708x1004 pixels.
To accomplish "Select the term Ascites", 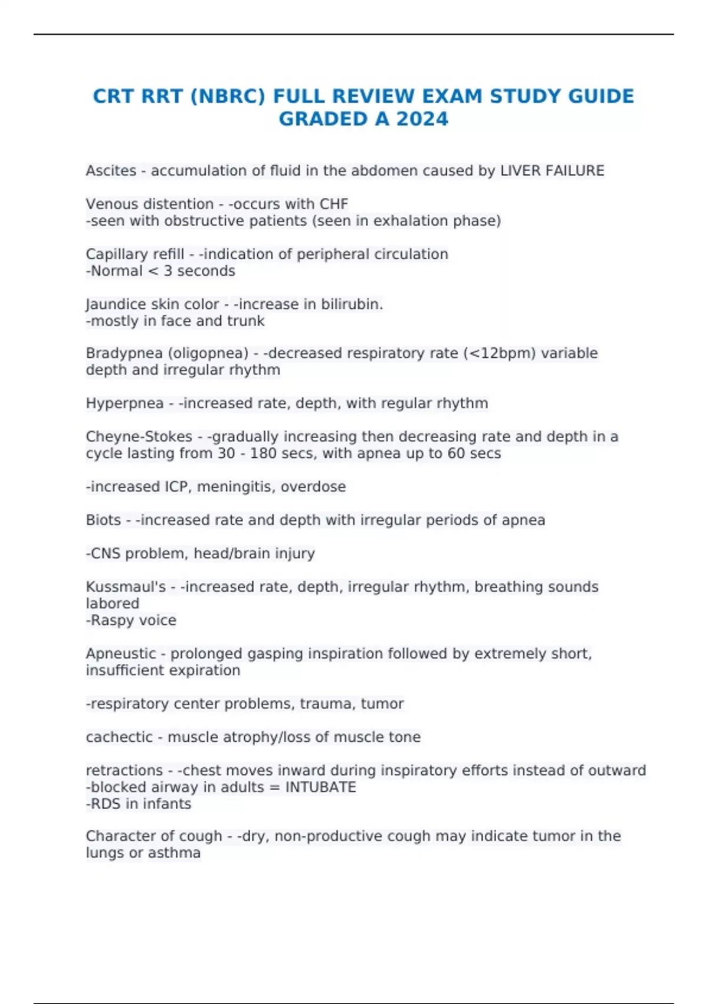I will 111,171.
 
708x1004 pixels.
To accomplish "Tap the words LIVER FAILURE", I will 552,171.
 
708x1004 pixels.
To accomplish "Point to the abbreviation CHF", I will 334,204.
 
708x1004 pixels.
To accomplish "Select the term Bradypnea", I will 124,353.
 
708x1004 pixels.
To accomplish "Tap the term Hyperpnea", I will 124,403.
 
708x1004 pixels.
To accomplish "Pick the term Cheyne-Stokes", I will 139,436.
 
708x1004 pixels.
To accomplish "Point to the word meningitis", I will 236,487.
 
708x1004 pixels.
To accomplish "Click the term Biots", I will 103,520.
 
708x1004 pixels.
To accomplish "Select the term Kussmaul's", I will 126,587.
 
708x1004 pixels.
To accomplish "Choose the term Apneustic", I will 121,654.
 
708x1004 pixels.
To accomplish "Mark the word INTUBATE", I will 321,787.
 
